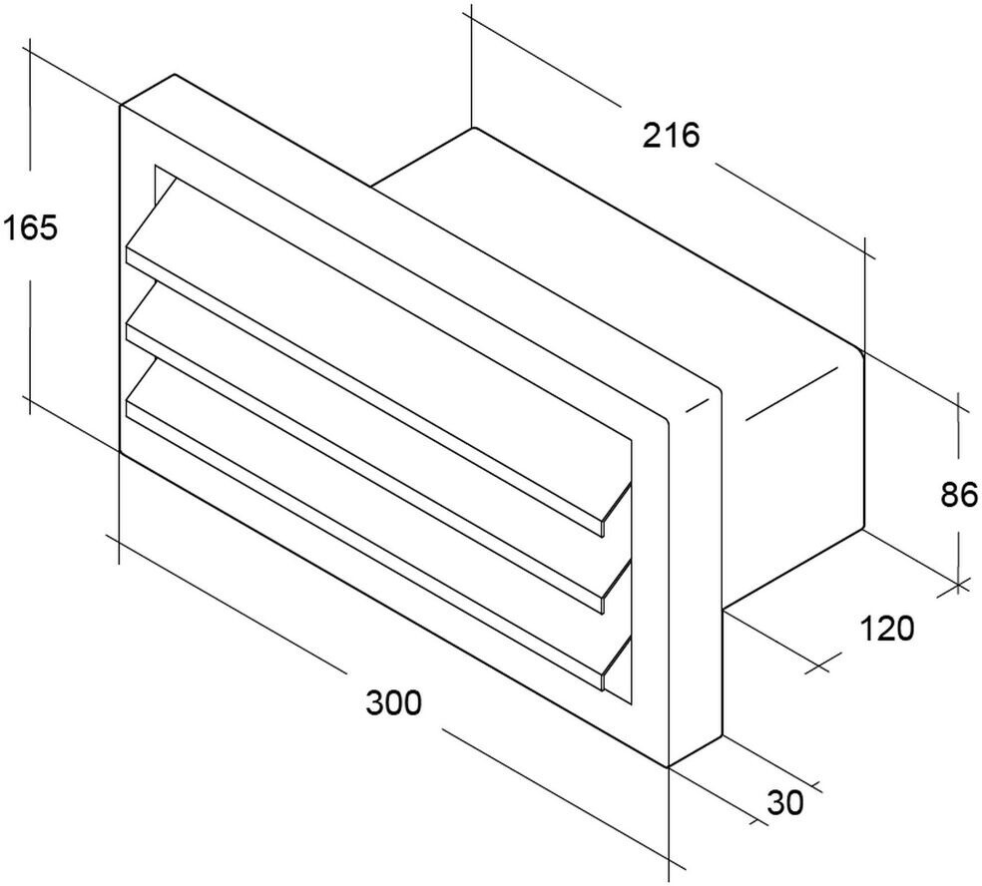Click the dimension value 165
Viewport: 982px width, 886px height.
30,228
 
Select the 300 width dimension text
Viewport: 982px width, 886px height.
393,703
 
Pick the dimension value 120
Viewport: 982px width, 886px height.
886,629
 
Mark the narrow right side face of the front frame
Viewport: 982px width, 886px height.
693,579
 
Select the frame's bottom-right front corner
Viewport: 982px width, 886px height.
668,766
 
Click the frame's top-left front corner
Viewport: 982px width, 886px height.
121,105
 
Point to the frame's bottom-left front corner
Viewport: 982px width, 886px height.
121,452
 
